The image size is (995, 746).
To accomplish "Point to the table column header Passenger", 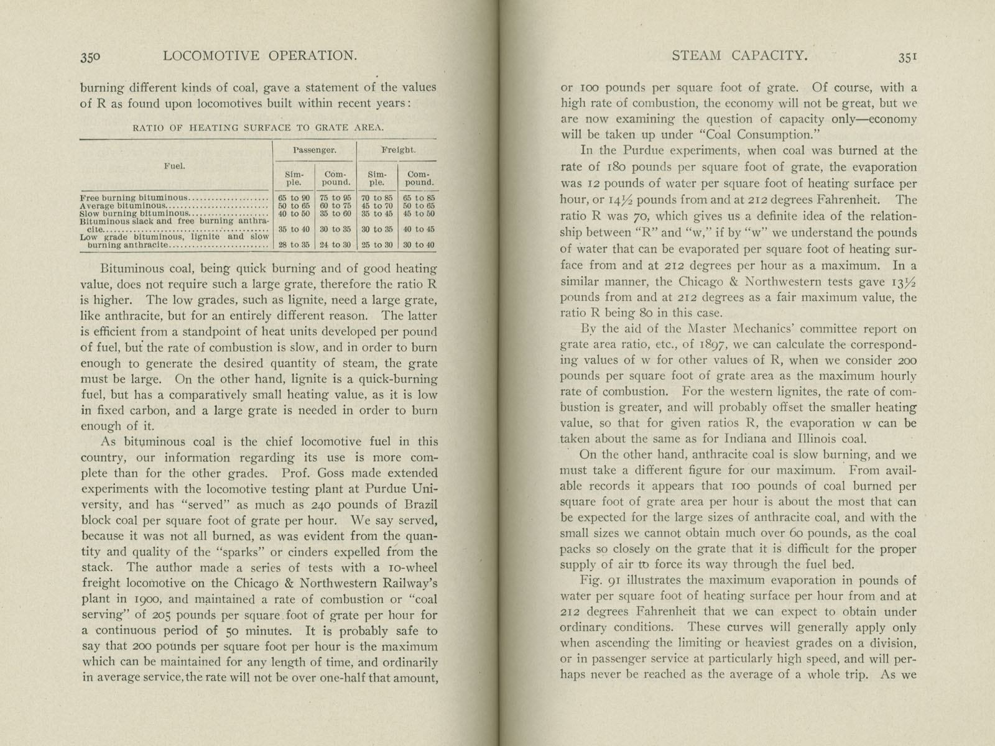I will (x=315, y=150).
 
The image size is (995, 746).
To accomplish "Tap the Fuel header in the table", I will (x=174, y=166).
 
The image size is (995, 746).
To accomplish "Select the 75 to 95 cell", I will (x=336, y=198).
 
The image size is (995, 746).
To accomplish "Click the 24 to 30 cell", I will (x=336, y=245).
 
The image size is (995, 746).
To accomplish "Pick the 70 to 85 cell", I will (x=377, y=198).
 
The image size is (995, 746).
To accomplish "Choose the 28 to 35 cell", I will (x=294, y=245).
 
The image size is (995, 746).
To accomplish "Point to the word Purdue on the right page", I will (x=655, y=151).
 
